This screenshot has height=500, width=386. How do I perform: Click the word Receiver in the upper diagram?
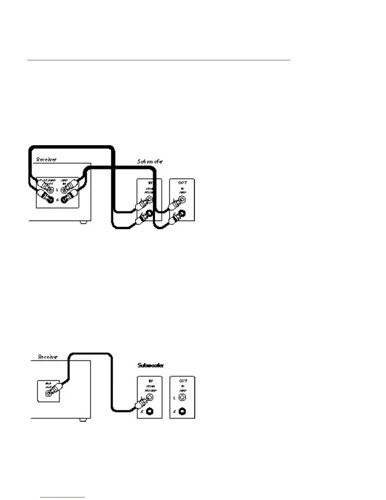(46, 159)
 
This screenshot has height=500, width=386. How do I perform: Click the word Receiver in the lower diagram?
(48, 357)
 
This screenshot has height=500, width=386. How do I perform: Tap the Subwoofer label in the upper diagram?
(150, 161)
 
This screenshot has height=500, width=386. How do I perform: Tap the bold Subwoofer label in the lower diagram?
(151, 365)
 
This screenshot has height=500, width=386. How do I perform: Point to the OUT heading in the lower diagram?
(183, 381)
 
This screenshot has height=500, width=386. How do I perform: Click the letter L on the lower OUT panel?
(175, 398)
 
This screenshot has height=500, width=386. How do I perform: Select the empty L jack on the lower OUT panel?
(182, 397)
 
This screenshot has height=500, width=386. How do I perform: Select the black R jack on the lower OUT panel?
(182, 412)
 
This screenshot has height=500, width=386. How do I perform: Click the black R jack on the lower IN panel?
(150, 412)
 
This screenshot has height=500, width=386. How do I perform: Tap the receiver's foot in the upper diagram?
(83, 222)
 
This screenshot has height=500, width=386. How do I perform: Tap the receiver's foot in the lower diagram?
(83, 420)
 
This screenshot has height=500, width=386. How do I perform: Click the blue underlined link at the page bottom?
(63, 497)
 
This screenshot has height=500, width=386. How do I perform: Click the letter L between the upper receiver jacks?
(57, 190)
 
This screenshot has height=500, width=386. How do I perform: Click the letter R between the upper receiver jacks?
(57, 200)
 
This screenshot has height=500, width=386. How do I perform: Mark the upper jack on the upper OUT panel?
(182, 199)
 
